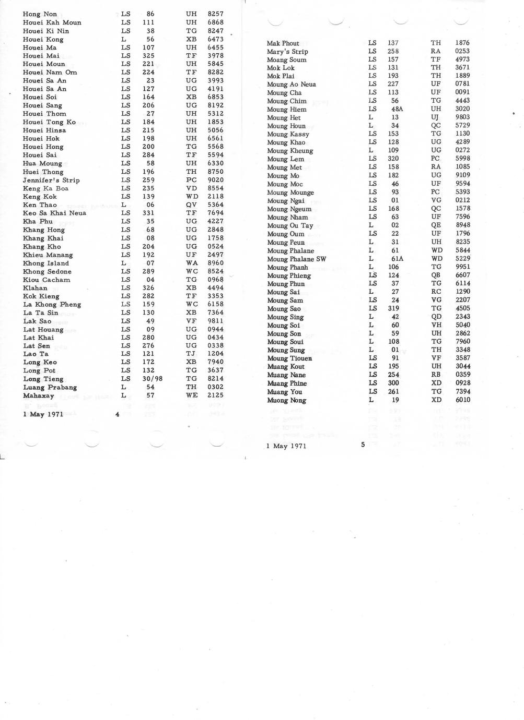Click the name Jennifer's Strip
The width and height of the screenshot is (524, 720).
tap(51, 180)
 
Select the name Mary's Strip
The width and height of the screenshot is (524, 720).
tap(287, 52)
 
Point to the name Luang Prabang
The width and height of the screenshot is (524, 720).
tap(50, 387)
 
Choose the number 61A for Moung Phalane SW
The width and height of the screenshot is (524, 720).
tap(397, 259)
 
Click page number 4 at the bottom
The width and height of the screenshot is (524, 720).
tap(118, 414)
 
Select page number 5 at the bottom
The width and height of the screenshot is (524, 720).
tap(363, 445)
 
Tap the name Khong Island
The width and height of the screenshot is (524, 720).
tap(46, 263)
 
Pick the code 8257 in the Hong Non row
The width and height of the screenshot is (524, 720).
tap(215, 14)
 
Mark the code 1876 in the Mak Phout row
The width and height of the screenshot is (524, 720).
tap(462, 43)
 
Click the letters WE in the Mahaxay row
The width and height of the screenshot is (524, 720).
tap(191, 395)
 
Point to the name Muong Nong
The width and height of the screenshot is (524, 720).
tap(286, 400)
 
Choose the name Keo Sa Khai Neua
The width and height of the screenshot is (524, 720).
tap(54, 213)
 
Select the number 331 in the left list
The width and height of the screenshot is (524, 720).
tap(148, 213)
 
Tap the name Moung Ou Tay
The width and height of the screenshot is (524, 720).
tap(290, 225)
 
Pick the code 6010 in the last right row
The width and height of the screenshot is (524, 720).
tap(462, 400)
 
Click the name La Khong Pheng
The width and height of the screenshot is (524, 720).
tap(52, 304)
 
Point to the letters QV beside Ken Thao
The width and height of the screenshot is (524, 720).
tap(191, 205)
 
